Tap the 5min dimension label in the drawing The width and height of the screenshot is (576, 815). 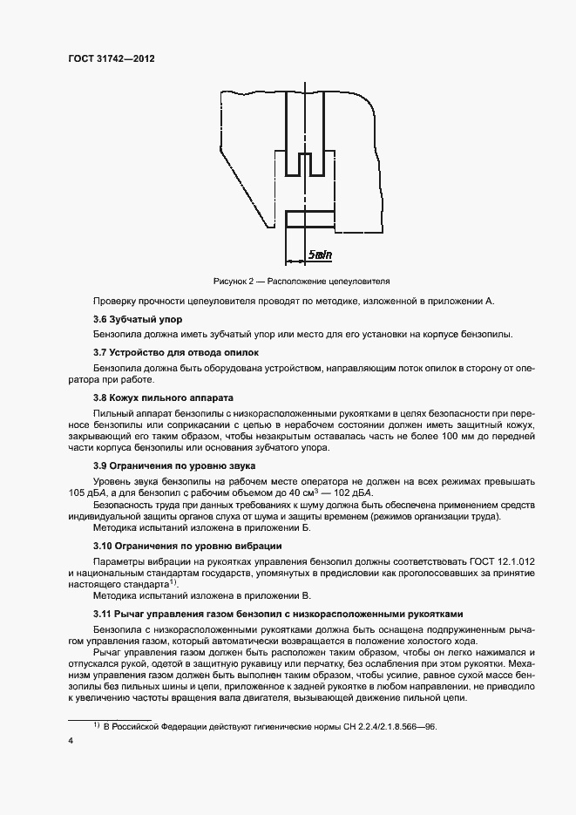pyautogui.click(x=320, y=255)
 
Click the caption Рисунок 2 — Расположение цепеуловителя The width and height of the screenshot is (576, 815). pyautogui.click(x=302, y=282)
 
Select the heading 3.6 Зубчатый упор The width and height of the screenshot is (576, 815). pyautogui.click(x=138, y=319)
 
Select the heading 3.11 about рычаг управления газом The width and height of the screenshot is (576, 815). pyautogui.click(x=279, y=614)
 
